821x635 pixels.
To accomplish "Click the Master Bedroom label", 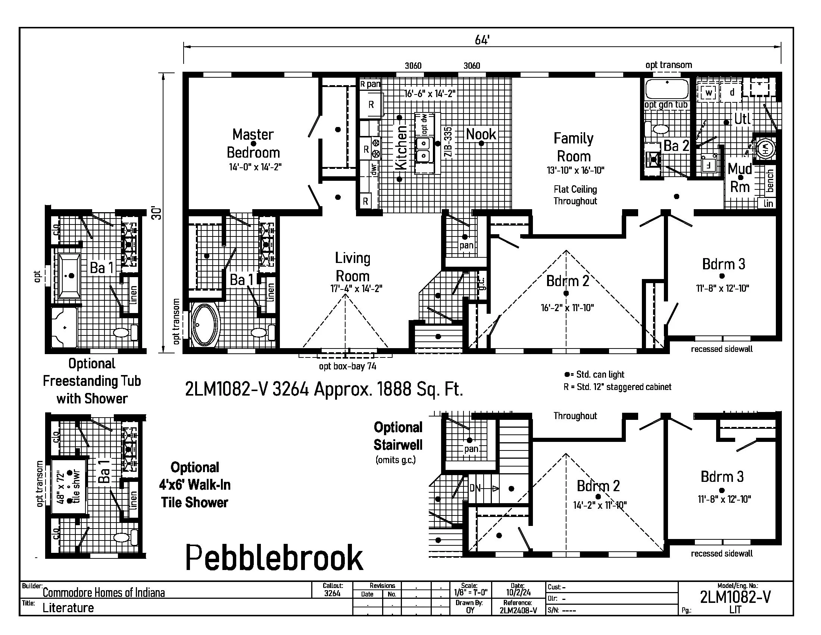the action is (253, 143).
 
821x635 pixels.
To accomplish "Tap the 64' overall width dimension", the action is (482, 40).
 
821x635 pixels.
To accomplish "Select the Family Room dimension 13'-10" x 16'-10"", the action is (575, 170).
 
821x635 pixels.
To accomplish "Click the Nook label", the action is (481, 134).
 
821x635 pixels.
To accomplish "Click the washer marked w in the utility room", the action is (709, 93).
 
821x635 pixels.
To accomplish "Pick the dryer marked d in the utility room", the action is (731, 92).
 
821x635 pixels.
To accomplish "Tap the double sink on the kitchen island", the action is (424, 149).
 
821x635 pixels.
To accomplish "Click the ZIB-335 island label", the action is (448, 142).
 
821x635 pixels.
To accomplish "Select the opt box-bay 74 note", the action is (347, 366).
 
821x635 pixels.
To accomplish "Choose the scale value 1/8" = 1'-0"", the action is (470, 592).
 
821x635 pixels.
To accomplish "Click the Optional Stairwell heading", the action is (398, 436).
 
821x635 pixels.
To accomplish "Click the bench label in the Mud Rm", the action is (770, 180).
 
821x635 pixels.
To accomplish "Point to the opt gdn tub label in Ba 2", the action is (666, 105).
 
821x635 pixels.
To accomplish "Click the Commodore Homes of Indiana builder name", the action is (103, 593).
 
